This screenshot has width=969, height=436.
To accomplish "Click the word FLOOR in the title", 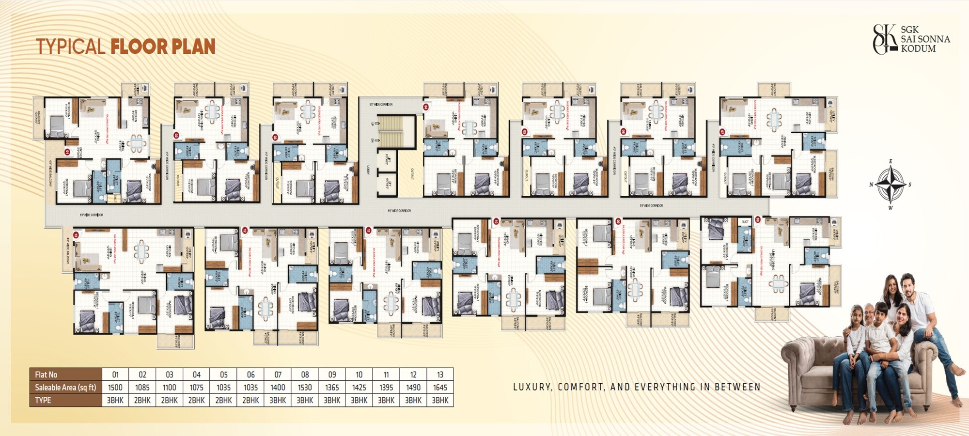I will [139, 47].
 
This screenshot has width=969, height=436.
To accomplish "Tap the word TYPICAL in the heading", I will [70, 47].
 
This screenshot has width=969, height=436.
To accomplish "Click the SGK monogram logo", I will [885, 39].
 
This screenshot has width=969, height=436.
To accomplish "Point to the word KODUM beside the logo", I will [918, 48].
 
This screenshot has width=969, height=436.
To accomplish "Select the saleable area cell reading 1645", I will [440, 388].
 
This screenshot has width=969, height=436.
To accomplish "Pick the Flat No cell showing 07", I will [278, 374].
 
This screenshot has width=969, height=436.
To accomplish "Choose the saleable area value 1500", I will [115, 388].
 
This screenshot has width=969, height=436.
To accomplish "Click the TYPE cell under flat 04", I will [196, 400].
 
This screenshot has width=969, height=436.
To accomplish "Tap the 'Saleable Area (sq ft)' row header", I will [65, 388].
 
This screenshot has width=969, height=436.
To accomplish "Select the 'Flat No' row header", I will [46, 374].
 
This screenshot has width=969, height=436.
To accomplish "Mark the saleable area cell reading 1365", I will [332, 388].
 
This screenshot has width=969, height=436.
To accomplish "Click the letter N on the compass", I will [871, 185].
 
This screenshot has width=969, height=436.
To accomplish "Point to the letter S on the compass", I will [910, 185].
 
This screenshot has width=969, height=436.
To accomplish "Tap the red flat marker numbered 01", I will [67, 152].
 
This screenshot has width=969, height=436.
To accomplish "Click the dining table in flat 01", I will [138, 143].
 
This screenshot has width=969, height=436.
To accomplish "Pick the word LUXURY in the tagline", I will [532, 387].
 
